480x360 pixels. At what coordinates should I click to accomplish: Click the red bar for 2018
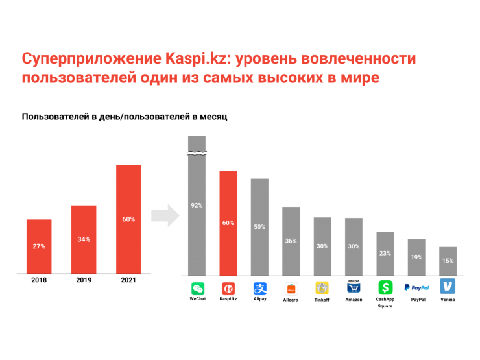tap(39, 246)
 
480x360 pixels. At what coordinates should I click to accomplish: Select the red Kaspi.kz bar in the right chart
tap(228, 222)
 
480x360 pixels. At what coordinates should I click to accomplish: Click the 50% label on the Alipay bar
tap(259, 226)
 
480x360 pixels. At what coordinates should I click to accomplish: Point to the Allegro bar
tap(291, 241)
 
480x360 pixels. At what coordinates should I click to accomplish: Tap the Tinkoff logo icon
tap(322, 288)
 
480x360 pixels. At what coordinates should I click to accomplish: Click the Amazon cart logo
tap(354, 287)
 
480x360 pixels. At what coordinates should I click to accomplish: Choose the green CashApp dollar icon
tap(385, 287)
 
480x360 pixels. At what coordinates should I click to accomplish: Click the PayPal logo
tap(416, 287)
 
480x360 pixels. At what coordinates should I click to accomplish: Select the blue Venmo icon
tap(448, 287)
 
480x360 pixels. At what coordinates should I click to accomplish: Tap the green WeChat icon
tap(197, 288)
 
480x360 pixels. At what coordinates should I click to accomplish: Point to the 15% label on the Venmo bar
tap(448, 261)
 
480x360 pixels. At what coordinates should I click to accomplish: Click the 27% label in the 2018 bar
tap(39, 246)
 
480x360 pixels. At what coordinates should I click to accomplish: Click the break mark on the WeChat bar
tap(197, 154)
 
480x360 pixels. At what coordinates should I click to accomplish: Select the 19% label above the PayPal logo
tap(416, 258)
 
